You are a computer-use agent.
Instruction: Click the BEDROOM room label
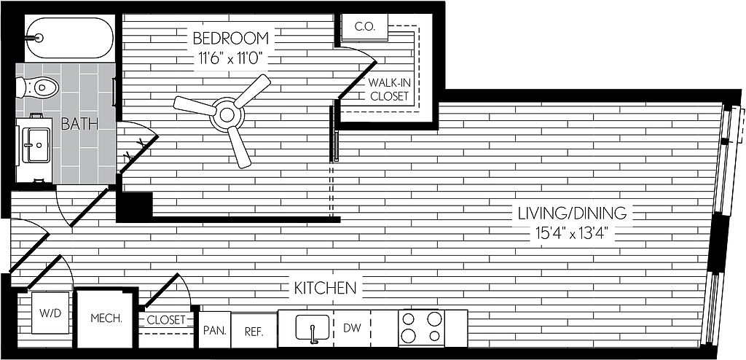tap(231, 38)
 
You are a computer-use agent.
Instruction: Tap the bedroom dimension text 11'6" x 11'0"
tap(231, 60)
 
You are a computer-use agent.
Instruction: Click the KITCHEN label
tap(325, 288)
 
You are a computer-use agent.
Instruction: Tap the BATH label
tap(79, 125)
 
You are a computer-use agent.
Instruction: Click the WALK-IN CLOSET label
tap(390, 89)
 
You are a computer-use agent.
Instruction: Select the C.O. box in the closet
tap(365, 27)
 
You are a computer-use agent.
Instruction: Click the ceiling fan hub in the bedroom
tap(227, 114)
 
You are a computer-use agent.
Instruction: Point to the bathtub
tap(70, 38)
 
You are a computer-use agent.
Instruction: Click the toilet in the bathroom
tap(37, 87)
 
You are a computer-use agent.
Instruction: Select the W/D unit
tap(50, 313)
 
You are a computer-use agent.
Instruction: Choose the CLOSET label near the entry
tap(166, 320)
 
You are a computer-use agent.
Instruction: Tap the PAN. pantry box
tap(215, 329)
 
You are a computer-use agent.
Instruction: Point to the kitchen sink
tap(313, 328)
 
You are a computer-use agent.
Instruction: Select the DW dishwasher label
tap(352, 328)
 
